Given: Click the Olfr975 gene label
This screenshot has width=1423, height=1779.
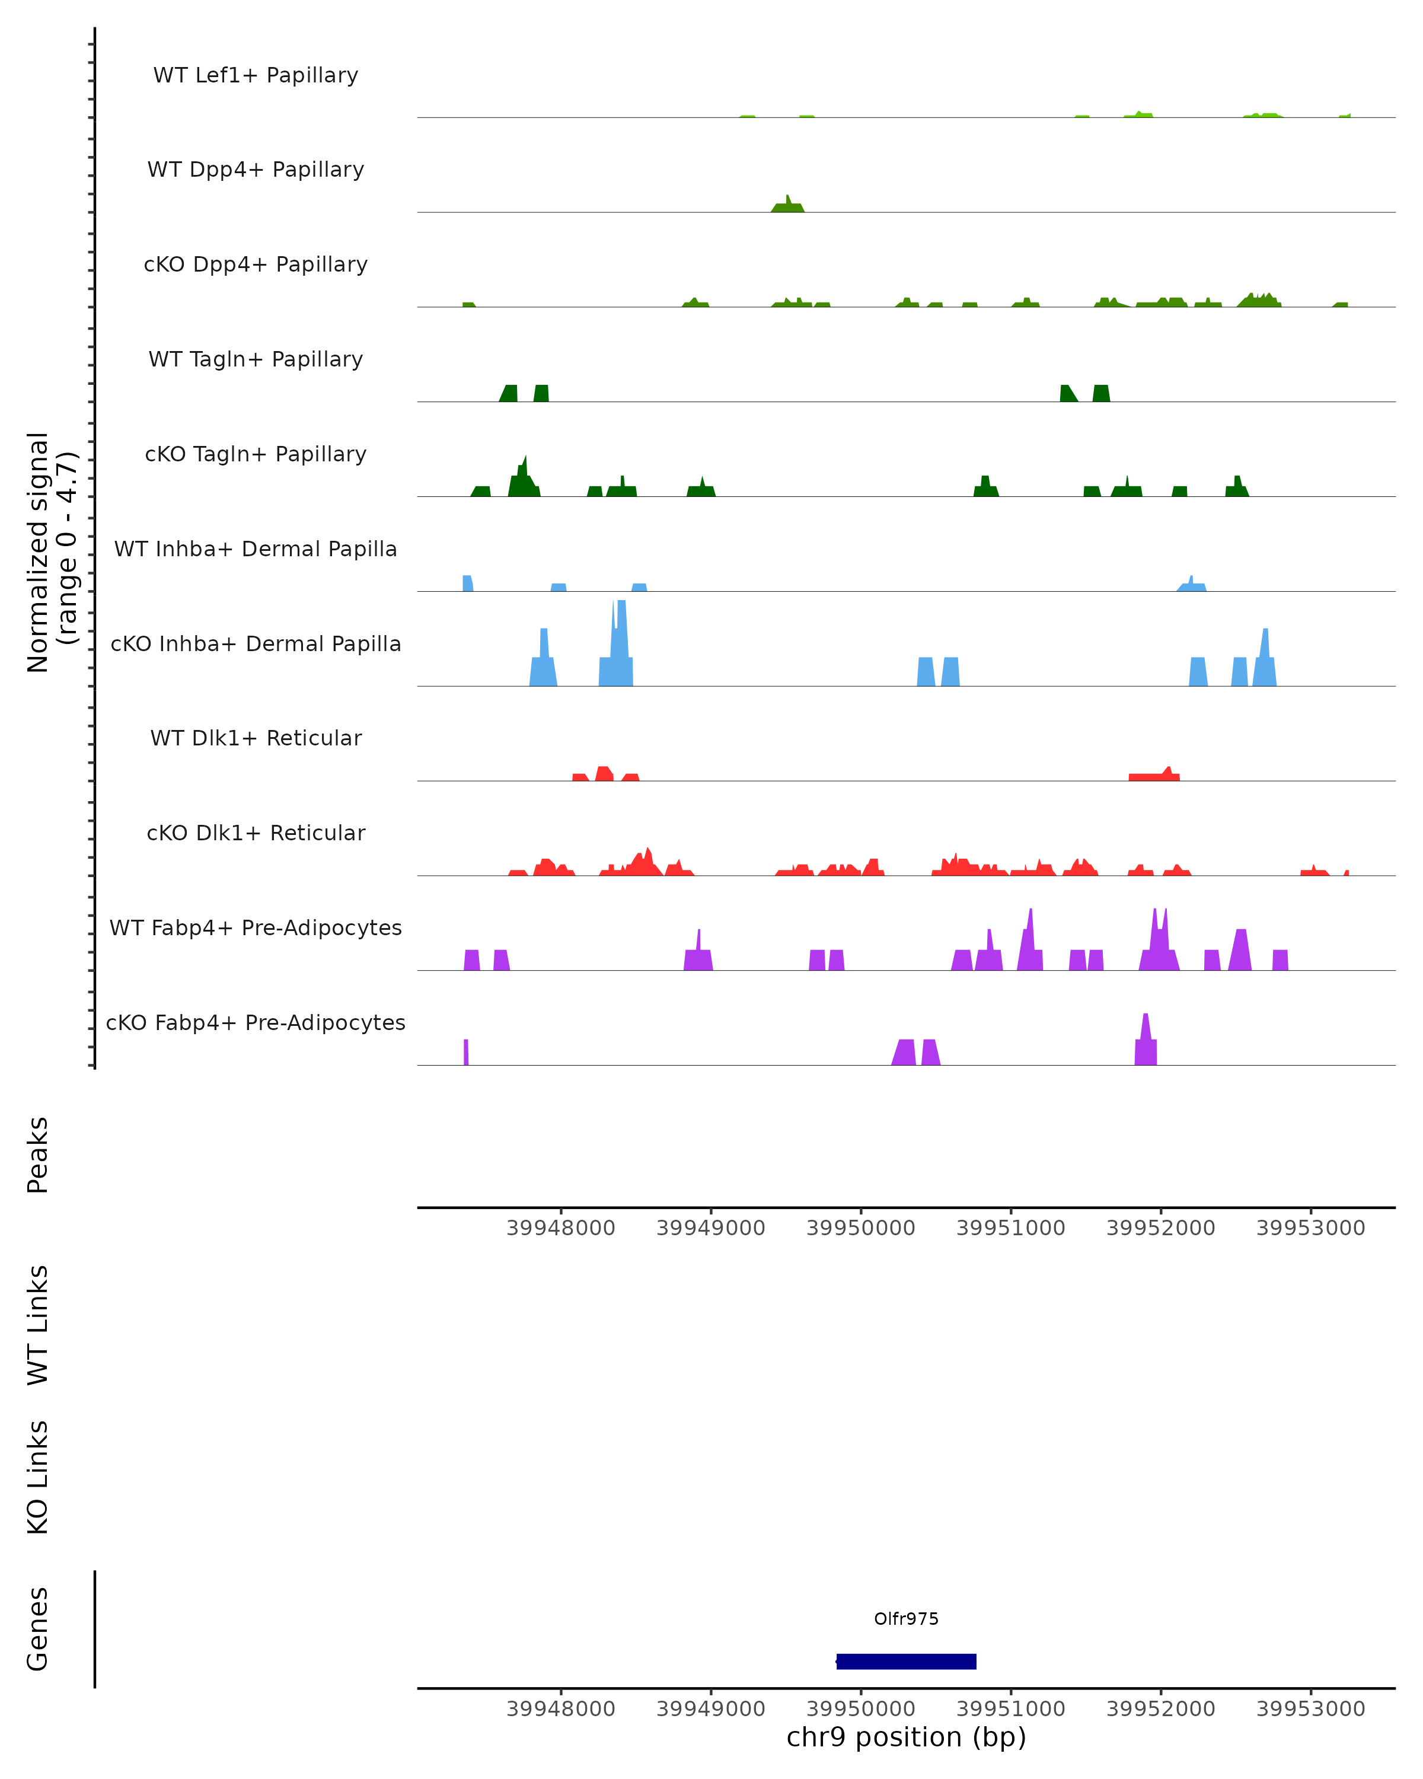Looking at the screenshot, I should click(906, 1619).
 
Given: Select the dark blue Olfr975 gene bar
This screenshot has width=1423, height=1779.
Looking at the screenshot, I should click(906, 1662).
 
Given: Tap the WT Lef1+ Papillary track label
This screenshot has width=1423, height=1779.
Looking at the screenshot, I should click(256, 75).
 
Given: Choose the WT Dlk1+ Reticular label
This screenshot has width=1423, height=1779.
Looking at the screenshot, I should click(256, 738).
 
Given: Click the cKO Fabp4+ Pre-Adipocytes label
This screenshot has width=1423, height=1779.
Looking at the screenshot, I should click(256, 1022).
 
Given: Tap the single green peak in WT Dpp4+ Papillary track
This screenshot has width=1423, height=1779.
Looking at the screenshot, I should click(788, 205).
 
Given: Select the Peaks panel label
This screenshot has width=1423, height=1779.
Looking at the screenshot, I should click(38, 1155).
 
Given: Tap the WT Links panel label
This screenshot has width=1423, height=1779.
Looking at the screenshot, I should click(38, 1324).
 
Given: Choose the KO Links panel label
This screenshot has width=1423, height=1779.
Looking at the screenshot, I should click(38, 1477).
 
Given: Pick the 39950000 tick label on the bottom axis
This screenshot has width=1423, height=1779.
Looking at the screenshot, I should click(860, 1709).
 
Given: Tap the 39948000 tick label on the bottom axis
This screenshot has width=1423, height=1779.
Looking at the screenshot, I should click(560, 1709).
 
